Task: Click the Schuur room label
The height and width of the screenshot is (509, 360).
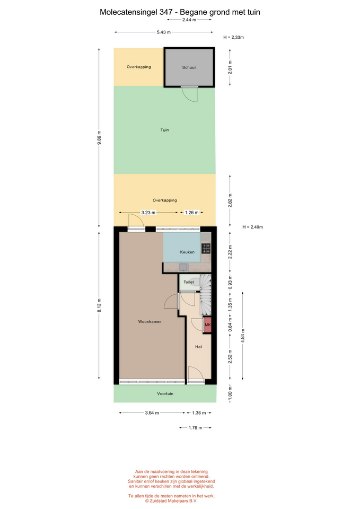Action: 189,67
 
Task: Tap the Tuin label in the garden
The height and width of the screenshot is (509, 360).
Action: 164,130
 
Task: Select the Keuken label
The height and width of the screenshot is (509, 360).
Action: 187,252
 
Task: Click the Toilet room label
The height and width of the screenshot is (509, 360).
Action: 189,282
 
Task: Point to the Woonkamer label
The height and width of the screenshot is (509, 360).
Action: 150,322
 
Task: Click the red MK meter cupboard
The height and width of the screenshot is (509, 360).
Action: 207,325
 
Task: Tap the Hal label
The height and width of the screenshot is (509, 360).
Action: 198,347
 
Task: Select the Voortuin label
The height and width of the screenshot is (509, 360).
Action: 165,393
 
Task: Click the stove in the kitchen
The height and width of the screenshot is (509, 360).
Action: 206,248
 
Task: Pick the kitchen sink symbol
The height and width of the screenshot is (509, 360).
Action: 183,267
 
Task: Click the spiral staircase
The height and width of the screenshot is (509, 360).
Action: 205,295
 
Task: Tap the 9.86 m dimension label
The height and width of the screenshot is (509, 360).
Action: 99,137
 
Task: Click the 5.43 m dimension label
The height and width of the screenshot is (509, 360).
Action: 164,32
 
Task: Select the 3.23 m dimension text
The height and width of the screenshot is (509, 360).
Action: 148,213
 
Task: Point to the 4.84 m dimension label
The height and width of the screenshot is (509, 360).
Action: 243,335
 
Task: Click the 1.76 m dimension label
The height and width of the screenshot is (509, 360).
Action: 196,428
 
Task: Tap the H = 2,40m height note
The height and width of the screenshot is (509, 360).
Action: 252,227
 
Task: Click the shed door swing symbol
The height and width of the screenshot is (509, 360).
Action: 190,94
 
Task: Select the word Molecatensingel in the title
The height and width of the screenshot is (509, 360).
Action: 128,12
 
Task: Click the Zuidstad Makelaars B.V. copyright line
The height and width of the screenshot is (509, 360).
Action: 171,501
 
